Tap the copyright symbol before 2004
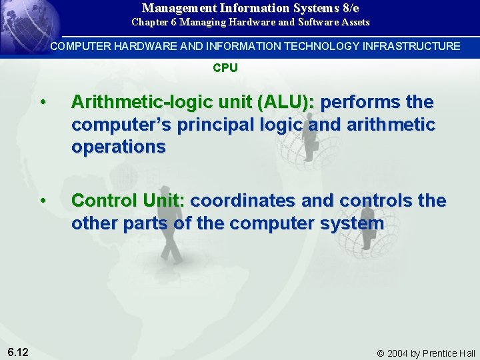point(381,353)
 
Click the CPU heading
point(225,68)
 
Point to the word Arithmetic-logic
point(126,103)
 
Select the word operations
point(118,147)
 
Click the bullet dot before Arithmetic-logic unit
point(43,103)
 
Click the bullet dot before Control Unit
point(43,201)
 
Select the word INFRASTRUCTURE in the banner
point(409,46)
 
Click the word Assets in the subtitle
point(355,22)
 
